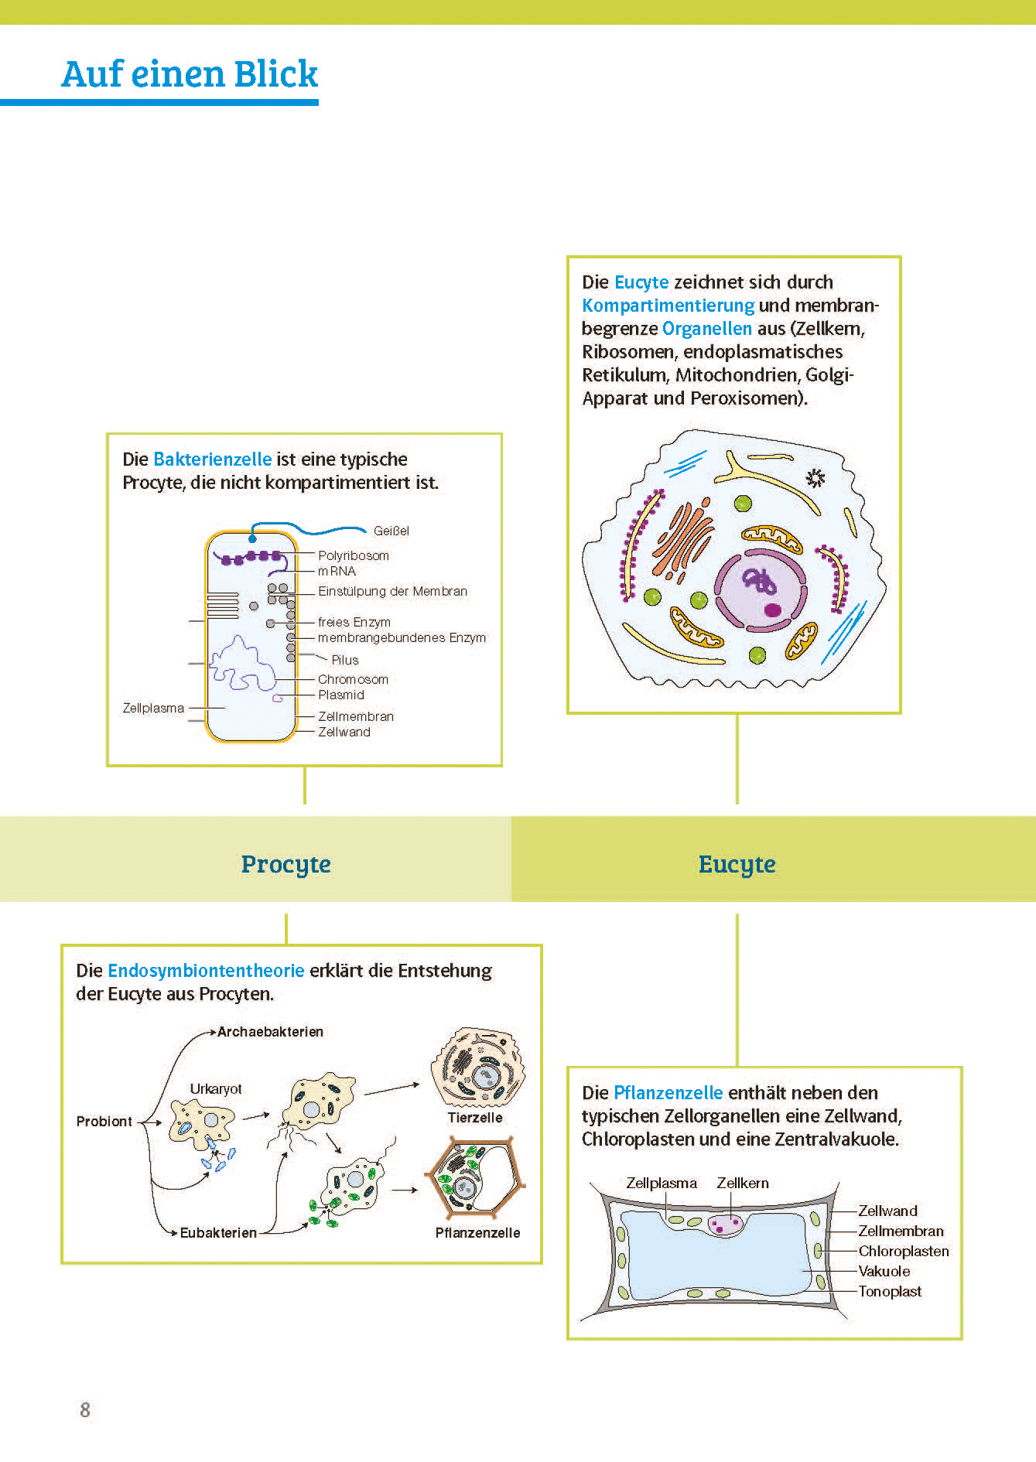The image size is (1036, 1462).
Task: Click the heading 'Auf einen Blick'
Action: click(190, 74)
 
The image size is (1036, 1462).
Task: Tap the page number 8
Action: click(85, 1409)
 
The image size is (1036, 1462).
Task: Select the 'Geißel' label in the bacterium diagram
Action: click(391, 531)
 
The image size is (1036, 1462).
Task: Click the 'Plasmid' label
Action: click(341, 695)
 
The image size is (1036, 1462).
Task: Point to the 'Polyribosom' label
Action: click(354, 555)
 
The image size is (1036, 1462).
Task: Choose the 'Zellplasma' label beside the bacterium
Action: click(153, 708)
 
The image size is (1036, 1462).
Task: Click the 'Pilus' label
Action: click(345, 660)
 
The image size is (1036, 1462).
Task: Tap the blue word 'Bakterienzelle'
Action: click(213, 459)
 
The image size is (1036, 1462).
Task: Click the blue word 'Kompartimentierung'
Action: click(668, 305)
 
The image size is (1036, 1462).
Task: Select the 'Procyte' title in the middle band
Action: click(285, 863)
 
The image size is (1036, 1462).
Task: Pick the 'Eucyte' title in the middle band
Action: click(737, 863)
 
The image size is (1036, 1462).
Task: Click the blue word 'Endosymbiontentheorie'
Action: click(206, 970)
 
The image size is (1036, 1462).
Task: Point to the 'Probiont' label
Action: click(104, 1121)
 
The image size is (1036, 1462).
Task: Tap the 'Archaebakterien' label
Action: click(270, 1031)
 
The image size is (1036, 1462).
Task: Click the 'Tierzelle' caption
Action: click(475, 1117)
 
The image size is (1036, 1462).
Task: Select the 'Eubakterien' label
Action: click(218, 1232)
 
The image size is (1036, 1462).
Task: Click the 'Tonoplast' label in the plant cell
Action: click(890, 1291)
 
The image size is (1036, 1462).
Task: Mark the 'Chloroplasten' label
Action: click(903, 1251)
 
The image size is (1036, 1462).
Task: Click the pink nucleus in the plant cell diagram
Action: click(726, 1224)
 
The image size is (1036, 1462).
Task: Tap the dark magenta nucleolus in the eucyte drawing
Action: click(772, 610)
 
